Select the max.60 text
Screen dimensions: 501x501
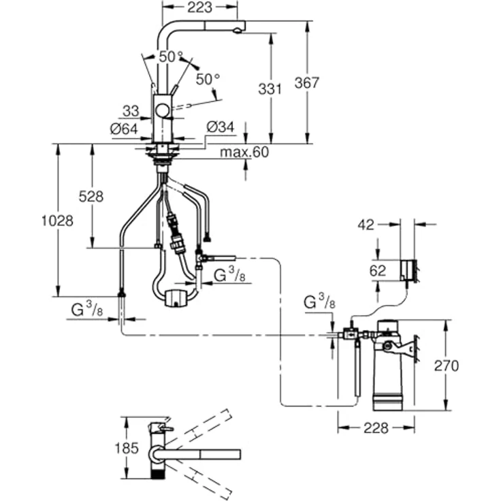244,152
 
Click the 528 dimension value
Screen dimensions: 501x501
91,197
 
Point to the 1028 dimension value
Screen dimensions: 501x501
56,221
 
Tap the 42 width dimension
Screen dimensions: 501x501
366,225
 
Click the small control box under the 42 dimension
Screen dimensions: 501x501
408,270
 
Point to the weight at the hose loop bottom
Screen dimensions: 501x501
176,297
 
